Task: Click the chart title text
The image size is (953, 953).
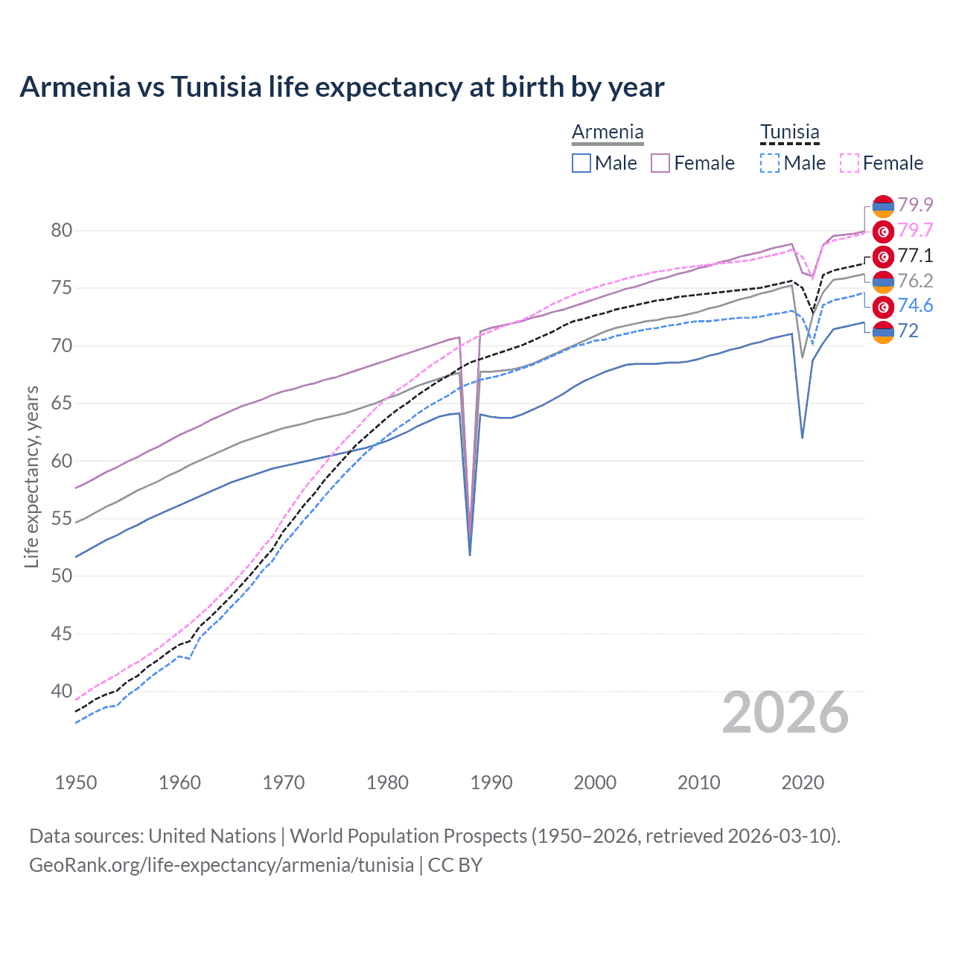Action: (342, 87)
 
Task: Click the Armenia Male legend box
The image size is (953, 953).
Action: (581, 163)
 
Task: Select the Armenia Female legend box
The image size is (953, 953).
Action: (660, 163)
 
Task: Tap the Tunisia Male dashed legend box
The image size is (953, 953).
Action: (770, 163)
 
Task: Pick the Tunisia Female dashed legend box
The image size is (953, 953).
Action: (850, 163)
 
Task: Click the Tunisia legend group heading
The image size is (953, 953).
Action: (789, 133)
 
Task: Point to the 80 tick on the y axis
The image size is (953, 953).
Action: (62, 231)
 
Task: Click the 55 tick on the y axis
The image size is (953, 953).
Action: (62, 518)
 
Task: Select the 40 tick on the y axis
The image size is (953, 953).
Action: (62, 692)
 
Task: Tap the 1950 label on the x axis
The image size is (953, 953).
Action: (76, 783)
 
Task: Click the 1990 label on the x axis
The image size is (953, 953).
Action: (491, 783)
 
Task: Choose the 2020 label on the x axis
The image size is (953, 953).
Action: (803, 783)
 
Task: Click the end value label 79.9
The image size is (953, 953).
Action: (915, 205)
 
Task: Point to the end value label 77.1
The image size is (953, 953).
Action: (915, 256)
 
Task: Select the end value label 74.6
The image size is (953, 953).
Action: (915, 306)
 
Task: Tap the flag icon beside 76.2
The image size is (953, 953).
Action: (883, 281)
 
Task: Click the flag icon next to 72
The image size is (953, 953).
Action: (883, 332)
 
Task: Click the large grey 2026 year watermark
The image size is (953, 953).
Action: (785, 713)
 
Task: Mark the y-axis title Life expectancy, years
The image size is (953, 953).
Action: (32, 476)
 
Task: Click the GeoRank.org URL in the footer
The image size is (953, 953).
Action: (221, 865)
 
